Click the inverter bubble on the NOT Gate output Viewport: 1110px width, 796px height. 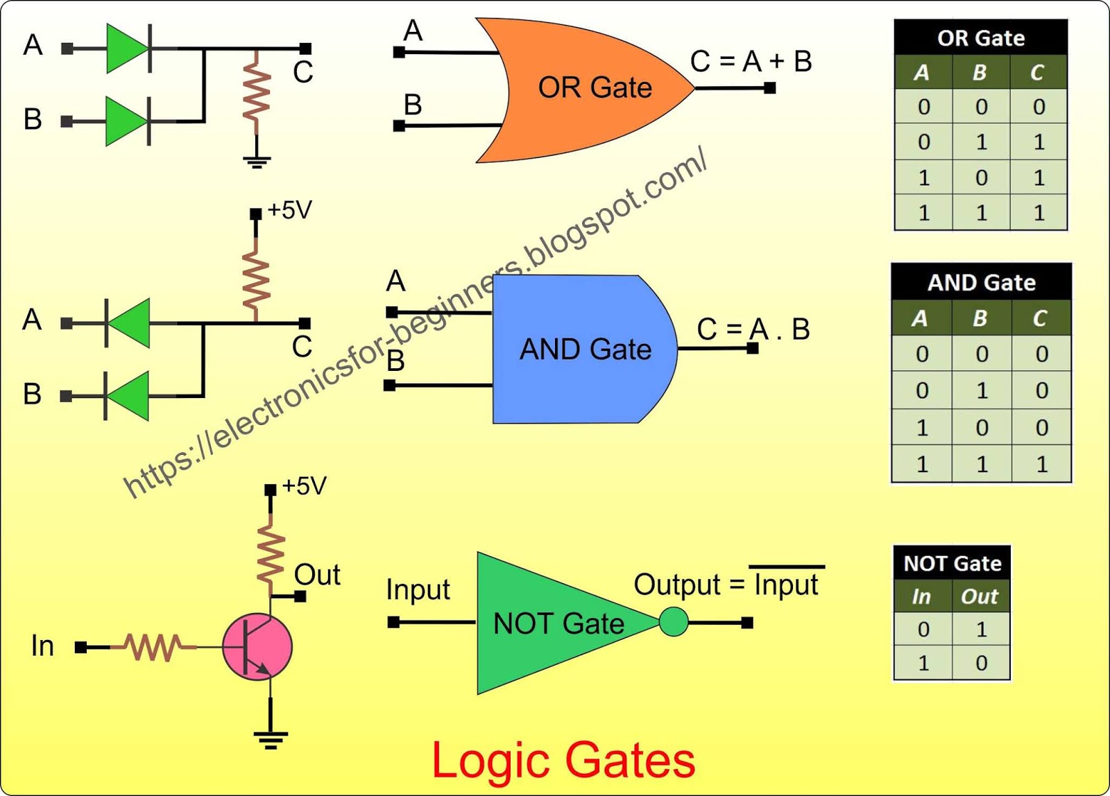[673, 622]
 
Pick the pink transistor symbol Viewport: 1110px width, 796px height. [257, 646]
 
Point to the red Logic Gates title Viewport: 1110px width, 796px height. [563, 760]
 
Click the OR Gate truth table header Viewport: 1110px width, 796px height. [980, 38]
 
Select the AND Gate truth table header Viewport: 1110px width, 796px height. [981, 283]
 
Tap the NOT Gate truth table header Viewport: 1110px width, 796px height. [952, 563]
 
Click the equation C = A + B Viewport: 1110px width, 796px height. [751, 62]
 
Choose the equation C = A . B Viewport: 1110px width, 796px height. [753, 329]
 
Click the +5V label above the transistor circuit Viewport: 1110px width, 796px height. [304, 486]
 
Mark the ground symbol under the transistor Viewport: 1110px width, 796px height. [271, 738]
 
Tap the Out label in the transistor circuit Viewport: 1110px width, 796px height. [317, 575]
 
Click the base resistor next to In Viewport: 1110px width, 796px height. [153, 647]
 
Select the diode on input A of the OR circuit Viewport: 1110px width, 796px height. [128, 49]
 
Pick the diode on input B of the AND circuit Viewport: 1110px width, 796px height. [128, 396]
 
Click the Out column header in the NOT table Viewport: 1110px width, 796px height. [979, 596]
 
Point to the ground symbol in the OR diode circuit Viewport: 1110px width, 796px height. [257, 162]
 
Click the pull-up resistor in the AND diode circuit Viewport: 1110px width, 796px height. [256, 280]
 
